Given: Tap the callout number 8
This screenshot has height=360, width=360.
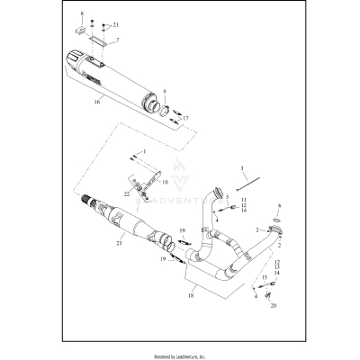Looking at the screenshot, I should [x=83, y=15].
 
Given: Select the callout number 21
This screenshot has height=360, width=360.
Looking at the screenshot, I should [x=114, y=24].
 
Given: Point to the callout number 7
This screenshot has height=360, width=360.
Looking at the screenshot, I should [x=117, y=40].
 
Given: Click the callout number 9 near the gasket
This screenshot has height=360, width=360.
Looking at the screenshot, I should [x=165, y=91].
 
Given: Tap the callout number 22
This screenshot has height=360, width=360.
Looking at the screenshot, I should [x=126, y=193].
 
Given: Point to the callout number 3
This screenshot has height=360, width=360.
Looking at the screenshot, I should [x=241, y=168].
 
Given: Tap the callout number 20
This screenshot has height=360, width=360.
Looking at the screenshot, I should [x=274, y=305].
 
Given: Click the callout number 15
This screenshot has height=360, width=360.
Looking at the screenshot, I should [x=264, y=278].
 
